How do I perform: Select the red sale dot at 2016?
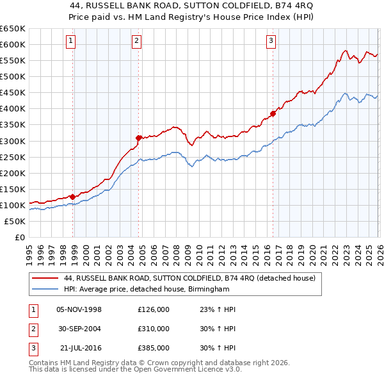(x=273, y=113)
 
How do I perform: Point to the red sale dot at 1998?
(x=72, y=197)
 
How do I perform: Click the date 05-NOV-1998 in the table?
(x=79, y=309)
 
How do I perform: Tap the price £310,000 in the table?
(x=154, y=329)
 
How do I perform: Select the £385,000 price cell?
(x=154, y=348)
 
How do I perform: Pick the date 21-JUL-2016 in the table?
(x=79, y=348)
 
